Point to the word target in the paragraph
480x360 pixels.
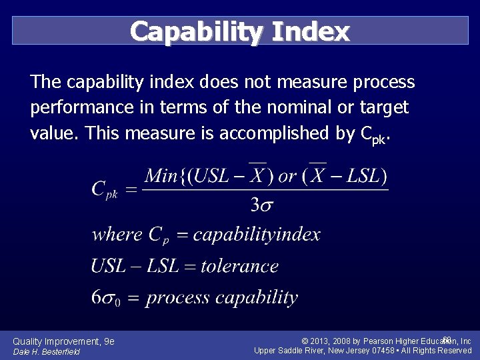(383, 107)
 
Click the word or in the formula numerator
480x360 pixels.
(287, 177)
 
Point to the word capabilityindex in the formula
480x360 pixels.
(257, 235)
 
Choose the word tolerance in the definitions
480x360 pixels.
(239, 266)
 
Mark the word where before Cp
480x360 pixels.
(117, 235)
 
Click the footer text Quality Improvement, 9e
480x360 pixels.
(63, 341)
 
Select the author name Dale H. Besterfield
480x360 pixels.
(46, 351)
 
